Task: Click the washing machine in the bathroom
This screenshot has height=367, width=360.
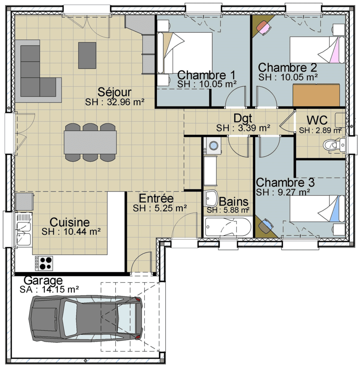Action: (212, 146)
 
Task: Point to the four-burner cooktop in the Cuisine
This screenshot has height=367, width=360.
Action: (44, 263)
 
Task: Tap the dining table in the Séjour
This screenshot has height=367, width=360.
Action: (90, 142)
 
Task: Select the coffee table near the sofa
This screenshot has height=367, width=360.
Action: (87, 56)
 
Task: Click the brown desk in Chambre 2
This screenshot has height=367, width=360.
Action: (316, 95)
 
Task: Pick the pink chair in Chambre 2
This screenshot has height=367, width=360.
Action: (264, 27)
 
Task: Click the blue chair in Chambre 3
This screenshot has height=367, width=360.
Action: (266, 226)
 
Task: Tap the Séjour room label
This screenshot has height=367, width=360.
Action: (115, 92)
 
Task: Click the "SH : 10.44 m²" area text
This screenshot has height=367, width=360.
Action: (71, 232)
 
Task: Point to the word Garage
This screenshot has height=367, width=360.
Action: (43, 280)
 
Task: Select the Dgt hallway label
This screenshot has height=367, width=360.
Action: (243, 118)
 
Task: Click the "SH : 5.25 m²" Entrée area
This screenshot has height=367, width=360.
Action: (160, 208)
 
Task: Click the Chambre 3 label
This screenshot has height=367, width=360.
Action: (285, 182)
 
